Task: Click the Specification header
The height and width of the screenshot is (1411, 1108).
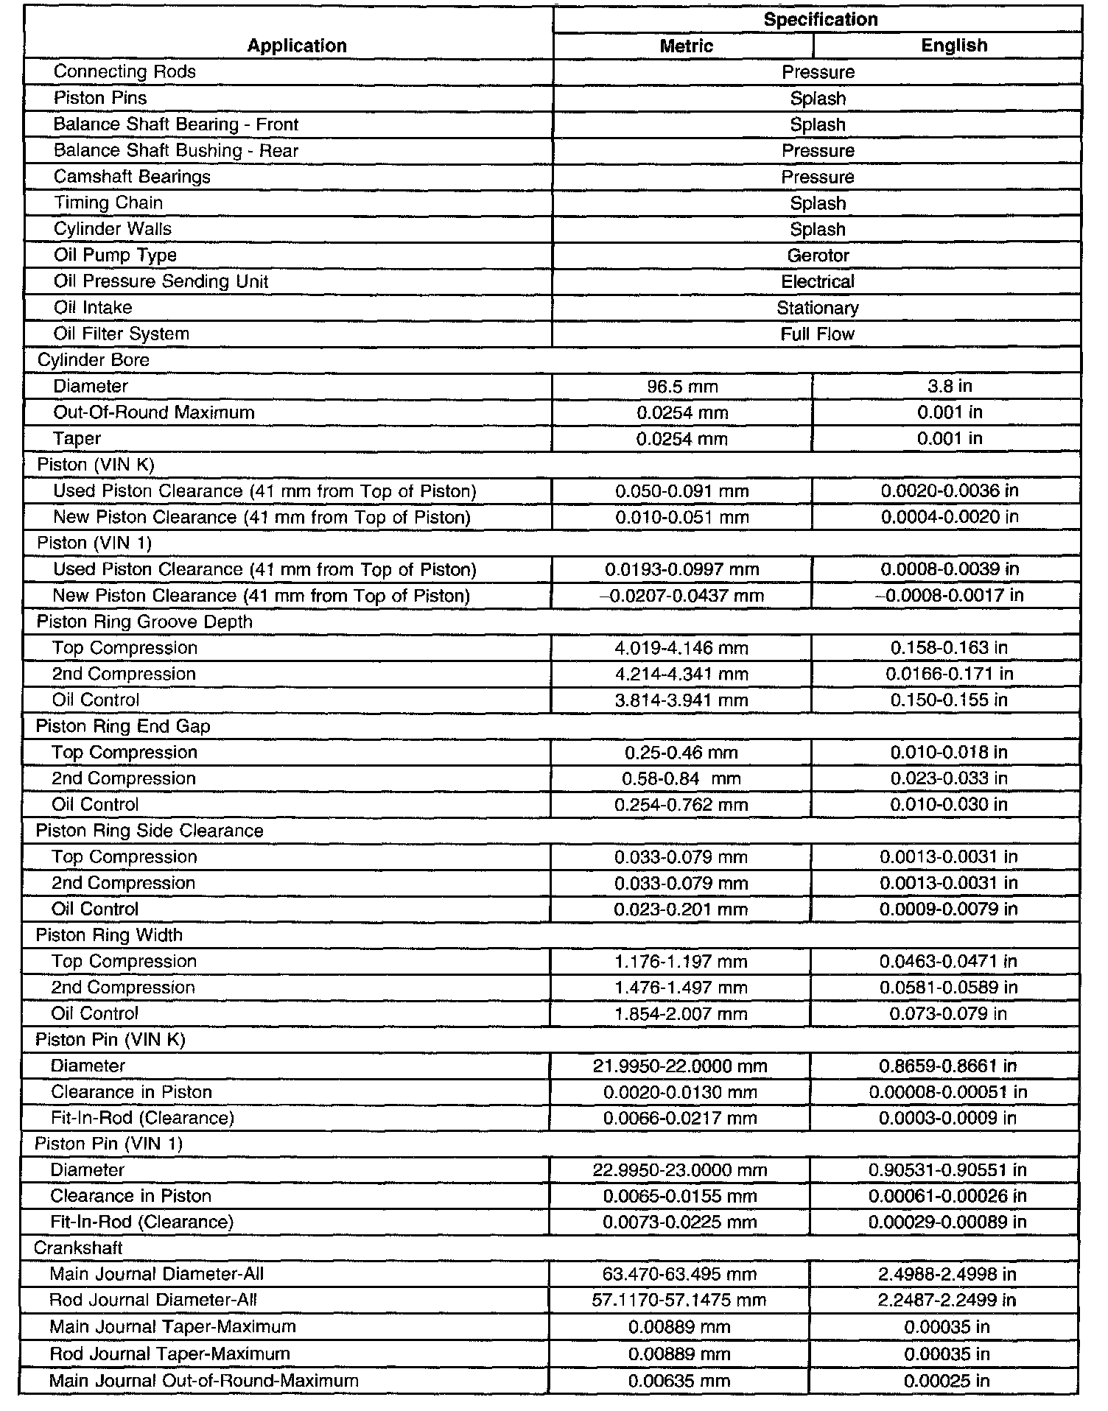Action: [820, 19]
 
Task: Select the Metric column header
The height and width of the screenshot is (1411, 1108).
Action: [686, 46]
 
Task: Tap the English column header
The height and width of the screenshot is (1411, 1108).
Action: [953, 46]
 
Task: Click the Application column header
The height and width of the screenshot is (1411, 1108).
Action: [296, 46]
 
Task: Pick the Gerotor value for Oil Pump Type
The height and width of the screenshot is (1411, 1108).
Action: [818, 256]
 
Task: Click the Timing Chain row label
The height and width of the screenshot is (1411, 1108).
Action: [108, 203]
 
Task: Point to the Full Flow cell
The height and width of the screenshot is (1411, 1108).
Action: [818, 334]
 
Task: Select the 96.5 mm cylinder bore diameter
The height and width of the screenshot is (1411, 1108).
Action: [682, 387]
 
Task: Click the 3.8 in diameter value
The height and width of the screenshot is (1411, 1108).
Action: [950, 387]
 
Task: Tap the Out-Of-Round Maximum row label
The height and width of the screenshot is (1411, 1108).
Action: [153, 412]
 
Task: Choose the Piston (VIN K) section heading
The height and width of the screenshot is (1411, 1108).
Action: [96, 465]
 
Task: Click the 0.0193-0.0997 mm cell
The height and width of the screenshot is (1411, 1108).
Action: [681, 569]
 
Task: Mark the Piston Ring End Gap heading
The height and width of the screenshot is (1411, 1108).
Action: [123, 726]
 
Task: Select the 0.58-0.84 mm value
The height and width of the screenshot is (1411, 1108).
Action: [681, 778]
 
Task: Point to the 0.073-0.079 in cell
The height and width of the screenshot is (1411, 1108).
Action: [948, 1014]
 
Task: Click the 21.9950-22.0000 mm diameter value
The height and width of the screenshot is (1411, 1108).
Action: [680, 1066]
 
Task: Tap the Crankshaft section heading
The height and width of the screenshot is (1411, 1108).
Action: [78, 1248]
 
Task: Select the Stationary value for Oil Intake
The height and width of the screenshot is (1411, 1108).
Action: [818, 308]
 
